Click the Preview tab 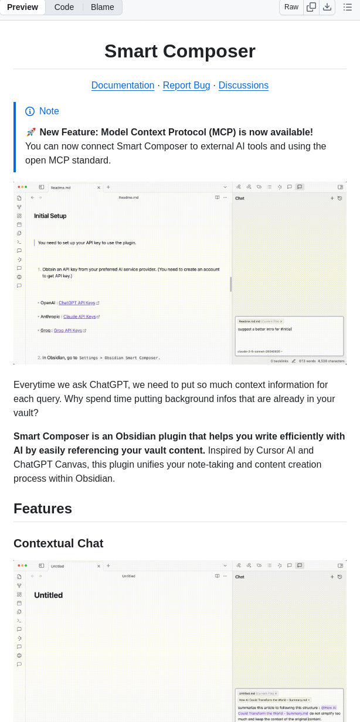[x=22, y=7]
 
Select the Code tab [x=64, y=7]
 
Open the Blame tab [x=102, y=7]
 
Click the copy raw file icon [x=311, y=7]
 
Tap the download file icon [x=327, y=7]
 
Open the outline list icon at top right [x=348, y=7]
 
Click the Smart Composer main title [x=180, y=51]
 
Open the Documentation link [x=123, y=85]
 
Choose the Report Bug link [x=186, y=85]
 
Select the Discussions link [x=243, y=85]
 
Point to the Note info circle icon [x=30, y=111]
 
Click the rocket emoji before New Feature [x=31, y=132]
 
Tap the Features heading [x=43, y=508]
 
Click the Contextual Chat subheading [x=58, y=543]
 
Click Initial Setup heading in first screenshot [x=50, y=216]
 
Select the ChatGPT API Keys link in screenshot [x=77, y=303]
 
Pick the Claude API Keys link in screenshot [x=79, y=316]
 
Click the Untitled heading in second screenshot [x=48, y=595]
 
